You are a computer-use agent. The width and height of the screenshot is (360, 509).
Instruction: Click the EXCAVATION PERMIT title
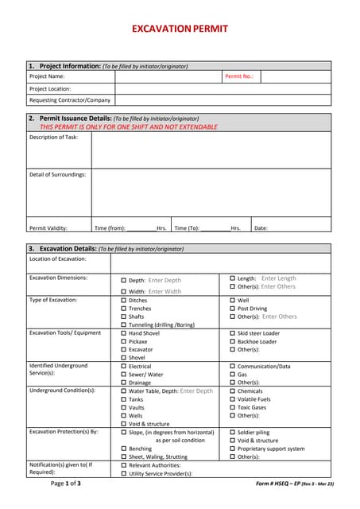coord(180,29)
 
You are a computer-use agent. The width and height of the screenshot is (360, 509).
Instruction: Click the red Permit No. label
coord(238,76)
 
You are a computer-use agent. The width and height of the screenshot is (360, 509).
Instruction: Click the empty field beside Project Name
coord(168,76)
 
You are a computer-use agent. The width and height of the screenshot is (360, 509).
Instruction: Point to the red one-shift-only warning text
coord(129,126)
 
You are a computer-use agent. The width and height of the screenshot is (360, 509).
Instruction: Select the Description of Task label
coord(53,138)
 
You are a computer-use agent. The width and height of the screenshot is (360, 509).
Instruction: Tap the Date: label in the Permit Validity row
coord(261,228)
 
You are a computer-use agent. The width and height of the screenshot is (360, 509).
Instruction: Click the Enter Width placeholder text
coord(165,291)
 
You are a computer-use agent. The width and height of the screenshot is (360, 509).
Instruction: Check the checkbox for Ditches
coord(123,301)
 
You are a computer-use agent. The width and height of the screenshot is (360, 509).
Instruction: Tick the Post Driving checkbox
coord(232,309)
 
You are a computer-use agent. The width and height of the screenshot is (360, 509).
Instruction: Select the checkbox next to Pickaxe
coord(123,341)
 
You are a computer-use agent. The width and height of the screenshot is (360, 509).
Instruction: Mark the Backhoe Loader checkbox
coord(232,341)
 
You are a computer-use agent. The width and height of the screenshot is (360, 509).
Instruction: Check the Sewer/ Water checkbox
coord(123,374)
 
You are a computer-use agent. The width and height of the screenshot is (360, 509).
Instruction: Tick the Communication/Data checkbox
coord(232,366)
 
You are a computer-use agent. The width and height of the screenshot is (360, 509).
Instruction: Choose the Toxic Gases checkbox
coord(232,407)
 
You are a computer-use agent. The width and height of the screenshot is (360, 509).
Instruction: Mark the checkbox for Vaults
coord(123,407)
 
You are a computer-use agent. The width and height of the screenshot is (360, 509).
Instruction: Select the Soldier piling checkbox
coord(232,432)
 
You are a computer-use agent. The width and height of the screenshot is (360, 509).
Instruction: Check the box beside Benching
coord(123,449)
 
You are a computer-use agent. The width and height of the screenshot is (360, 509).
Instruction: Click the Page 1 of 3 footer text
coord(65,483)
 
